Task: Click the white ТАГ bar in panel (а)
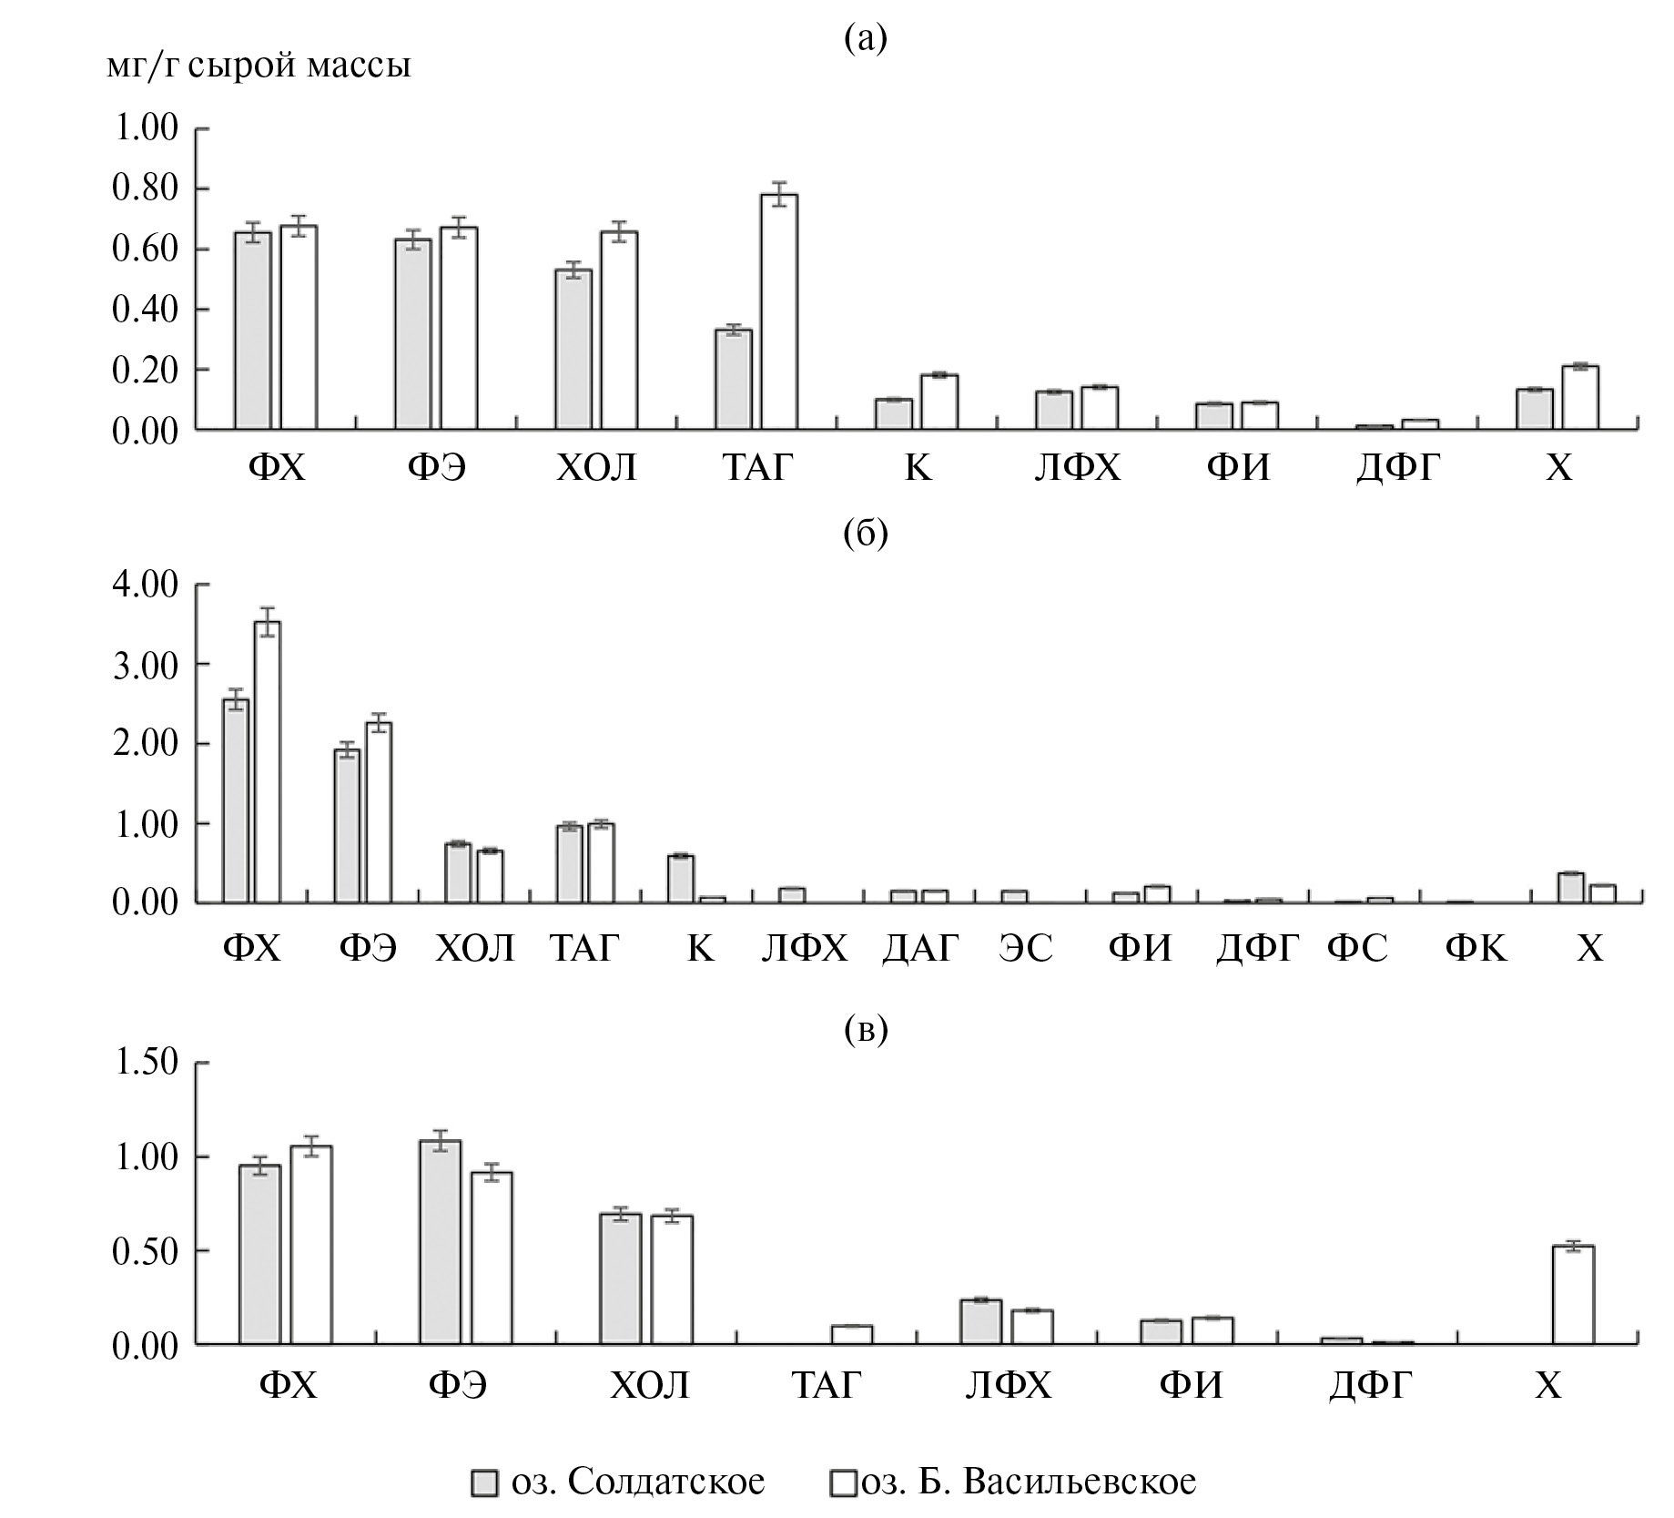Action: click(x=779, y=311)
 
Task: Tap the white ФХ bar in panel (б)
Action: click(x=268, y=761)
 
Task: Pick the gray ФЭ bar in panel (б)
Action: click(x=347, y=825)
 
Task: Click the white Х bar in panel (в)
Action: click(x=1573, y=1295)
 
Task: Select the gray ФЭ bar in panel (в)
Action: click(x=441, y=1242)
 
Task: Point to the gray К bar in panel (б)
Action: click(x=680, y=879)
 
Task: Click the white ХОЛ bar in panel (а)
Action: click(x=619, y=331)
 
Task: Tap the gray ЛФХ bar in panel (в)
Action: click(x=980, y=1321)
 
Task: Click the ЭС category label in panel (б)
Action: click(x=1025, y=949)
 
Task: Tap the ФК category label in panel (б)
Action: click(x=1476, y=949)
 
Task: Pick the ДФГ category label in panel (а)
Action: click(x=1398, y=468)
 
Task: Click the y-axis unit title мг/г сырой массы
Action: click(x=259, y=66)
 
